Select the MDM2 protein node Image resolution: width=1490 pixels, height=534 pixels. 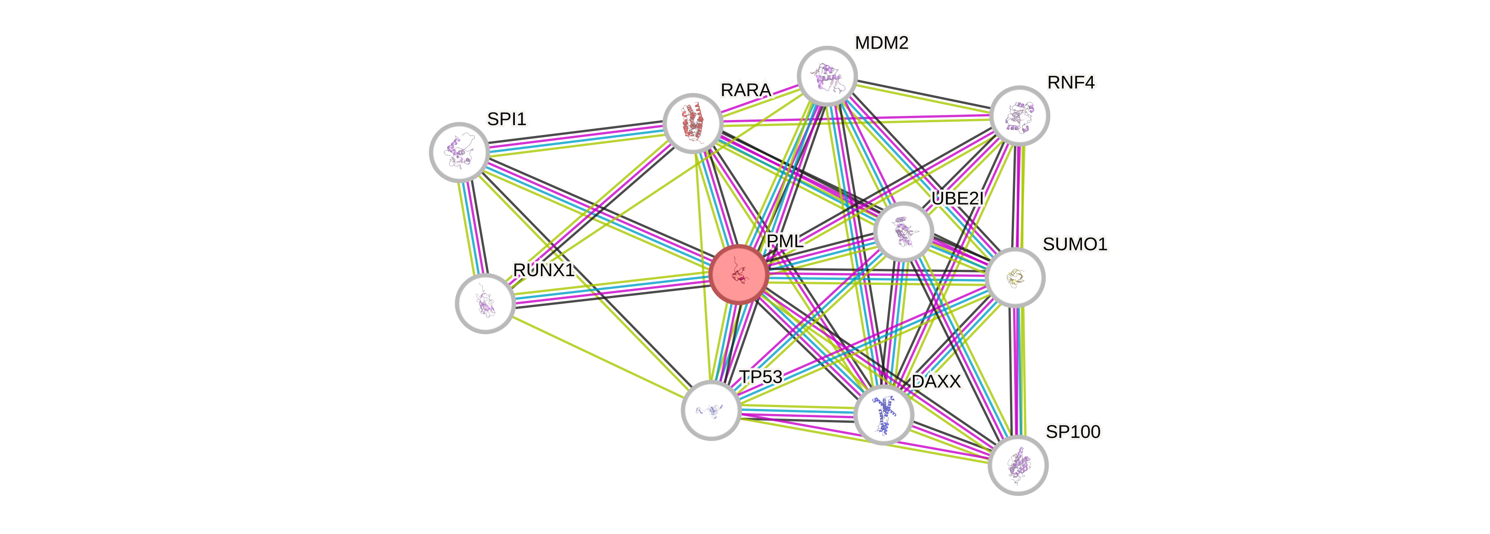pyautogui.click(x=827, y=76)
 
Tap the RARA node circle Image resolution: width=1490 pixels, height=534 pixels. pyautogui.click(x=693, y=123)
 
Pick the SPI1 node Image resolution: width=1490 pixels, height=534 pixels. pyautogui.click(x=459, y=152)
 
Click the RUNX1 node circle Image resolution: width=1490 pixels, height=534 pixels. pyautogui.click(x=485, y=303)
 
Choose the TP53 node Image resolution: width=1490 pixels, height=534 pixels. pyautogui.click(x=711, y=409)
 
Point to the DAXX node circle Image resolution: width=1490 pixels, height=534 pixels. pyautogui.click(x=883, y=415)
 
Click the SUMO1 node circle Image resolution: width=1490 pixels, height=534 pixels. pyautogui.click(x=1015, y=277)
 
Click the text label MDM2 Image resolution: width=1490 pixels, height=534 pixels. pyautogui.click(x=882, y=43)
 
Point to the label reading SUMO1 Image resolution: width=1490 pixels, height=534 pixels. pyautogui.click(x=1075, y=244)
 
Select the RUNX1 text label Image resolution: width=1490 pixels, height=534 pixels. pyautogui.click(x=543, y=270)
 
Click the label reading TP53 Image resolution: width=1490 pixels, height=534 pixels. pyautogui.click(x=761, y=377)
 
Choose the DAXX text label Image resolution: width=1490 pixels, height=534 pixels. pyautogui.click(x=936, y=381)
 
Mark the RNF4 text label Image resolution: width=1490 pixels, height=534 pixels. pyautogui.click(x=1070, y=83)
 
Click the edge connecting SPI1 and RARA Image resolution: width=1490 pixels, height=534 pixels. pyautogui.click(x=575, y=138)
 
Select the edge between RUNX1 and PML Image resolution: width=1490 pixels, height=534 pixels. pyautogui.click(x=612, y=289)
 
